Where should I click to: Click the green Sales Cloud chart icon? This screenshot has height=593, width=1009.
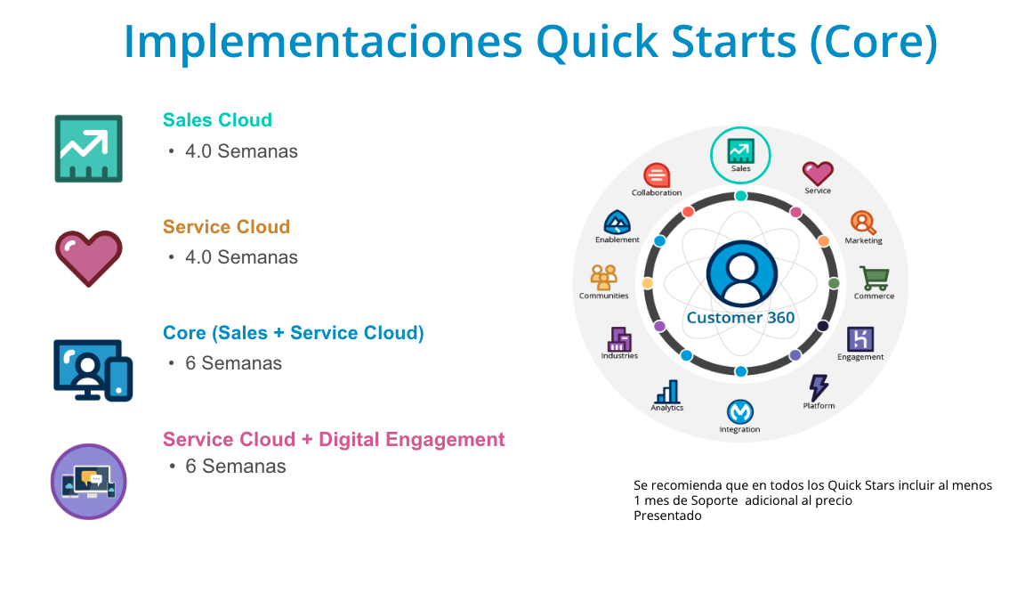pyautogui.click(x=89, y=149)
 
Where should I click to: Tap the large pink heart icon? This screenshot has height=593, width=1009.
pyautogui.click(x=89, y=258)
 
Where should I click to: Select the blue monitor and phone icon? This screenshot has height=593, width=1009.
pyautogui.click(x=93, y=370)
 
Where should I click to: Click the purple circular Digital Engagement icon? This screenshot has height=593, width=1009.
pyautogui.click(x=89, y=482)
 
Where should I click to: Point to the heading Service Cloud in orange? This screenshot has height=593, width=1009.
pyautogui.click(x=227, y=227)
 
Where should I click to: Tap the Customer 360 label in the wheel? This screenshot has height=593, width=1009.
pyautogui.click(x=740, y=318)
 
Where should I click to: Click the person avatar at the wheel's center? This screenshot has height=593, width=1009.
pyautogui.click(x=741, y=273)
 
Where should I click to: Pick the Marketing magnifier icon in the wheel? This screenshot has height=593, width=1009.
pyautogui.click(x=863, y=223)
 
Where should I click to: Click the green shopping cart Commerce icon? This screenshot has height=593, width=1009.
pyautogui.click(x=875, y=279)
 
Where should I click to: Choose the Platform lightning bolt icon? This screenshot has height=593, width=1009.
pyautogui.click(x=819, y=387)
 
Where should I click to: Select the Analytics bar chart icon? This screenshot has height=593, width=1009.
pyautogui.click(x=667, y=392)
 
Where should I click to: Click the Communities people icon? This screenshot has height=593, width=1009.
pyautogui.click(x=603, y=278)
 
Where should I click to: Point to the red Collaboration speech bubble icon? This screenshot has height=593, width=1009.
pyautogui.click(x=657, y=175)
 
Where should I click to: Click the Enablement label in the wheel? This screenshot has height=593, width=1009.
pyautogui.click(x=618, y=240)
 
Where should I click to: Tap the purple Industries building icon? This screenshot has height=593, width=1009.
pyautogui.click(x=619, y=339)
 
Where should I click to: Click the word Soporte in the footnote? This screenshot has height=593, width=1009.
pyautogui.click(x=714, y=501)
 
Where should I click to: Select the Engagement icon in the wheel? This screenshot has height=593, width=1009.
pyautogui.click(x=860, y=338)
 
